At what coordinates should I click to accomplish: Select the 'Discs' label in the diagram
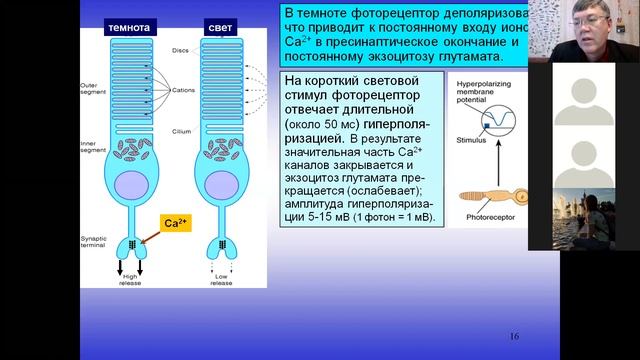click(181, 50)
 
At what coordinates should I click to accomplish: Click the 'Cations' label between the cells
click(183, 90)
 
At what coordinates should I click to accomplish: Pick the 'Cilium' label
click(180, 129)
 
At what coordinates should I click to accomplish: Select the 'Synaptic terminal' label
click(94, 242)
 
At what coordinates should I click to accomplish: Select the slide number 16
click(514, 336)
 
